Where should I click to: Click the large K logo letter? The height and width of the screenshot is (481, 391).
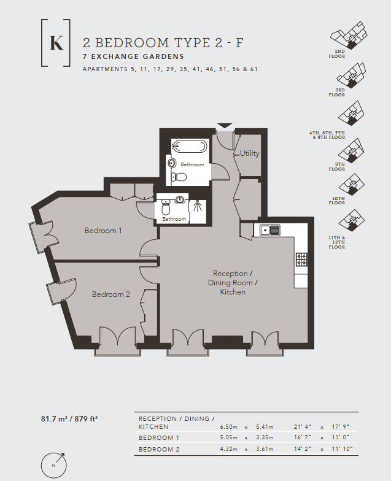[x=56, y=43]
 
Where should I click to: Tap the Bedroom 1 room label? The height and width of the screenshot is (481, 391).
[x=103, y=231]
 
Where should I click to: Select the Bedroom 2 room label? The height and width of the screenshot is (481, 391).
[x=111, y=294]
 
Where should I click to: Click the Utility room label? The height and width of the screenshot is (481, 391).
[x=249, y=153]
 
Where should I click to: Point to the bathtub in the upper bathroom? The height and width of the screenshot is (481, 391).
[x=190, y=146]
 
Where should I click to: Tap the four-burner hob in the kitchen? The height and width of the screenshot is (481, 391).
[x=301, y=260]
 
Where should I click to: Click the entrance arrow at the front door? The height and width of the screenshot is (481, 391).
[x=225, y=126]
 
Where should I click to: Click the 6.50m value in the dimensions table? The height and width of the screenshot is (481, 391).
[x=230, y=426]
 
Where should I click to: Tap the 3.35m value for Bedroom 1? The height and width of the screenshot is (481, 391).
[x=264, y=438]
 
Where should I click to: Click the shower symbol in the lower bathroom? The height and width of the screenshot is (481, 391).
[x=197, y=206]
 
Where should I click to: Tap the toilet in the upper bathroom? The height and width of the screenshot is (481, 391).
[x=179, y=177]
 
